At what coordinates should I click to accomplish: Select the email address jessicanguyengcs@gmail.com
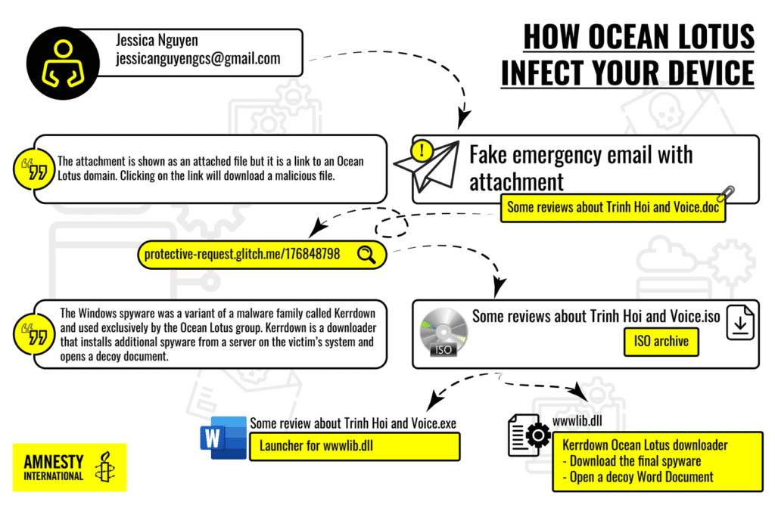tap(198, 59)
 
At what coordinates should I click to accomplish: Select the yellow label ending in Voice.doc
tap(614, 207)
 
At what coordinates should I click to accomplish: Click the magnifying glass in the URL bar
tap(366, 255)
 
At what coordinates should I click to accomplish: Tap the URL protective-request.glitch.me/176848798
tap(242, 256)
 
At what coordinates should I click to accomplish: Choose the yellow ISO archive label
tap(661, 342)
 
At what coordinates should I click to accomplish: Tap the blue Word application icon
tap(223, 438)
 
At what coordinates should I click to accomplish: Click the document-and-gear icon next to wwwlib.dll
tap(528, 438)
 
